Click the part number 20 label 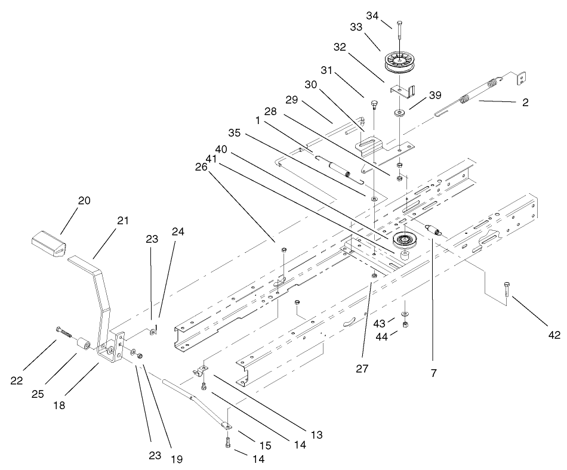click(84, 200)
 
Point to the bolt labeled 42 click(507, 292)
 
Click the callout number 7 click(433, 373)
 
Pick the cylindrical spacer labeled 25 click(84, 345)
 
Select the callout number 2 click(525, 103)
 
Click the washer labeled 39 click(398, 112)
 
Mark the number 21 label click(123, 221)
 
